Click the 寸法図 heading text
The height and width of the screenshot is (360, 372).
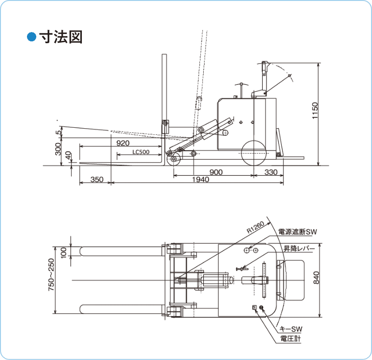pos(61,37)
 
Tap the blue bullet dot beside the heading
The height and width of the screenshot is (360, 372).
pos(32,37)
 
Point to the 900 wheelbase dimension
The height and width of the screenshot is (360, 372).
pos(216,172)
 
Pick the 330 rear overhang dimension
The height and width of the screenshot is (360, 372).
pos(271,172)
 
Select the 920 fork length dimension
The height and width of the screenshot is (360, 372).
pos(123,143)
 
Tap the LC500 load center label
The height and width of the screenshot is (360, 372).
pos(140,151)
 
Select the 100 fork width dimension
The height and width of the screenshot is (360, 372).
pos(64,251)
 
